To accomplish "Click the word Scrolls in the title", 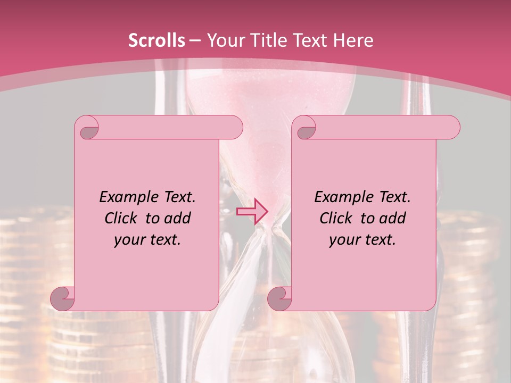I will click(156, 40).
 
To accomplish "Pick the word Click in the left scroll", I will click(122, 218).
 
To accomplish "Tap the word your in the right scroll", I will click(343, 240).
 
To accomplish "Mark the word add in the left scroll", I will click(178, 218).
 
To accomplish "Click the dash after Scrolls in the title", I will click(195, 41).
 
